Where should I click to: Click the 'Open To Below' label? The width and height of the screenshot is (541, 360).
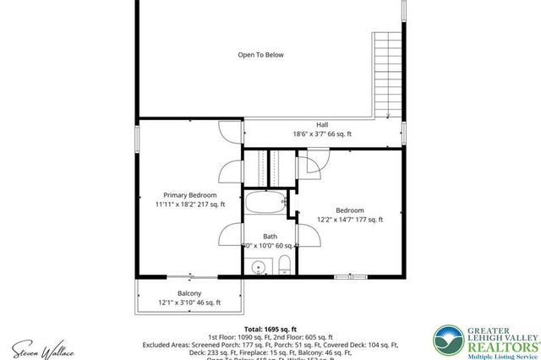pyautogui.click(x=260, y=56)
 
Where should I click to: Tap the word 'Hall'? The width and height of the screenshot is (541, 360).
pyautogui.click(x=323, y=123)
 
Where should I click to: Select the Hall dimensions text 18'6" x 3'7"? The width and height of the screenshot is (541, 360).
pyautogui.click(x=308, y=134)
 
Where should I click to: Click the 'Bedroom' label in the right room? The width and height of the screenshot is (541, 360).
pyautogui.click(x=349, y=210)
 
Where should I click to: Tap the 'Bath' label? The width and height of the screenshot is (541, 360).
pyautogui.click(x=270, y=236)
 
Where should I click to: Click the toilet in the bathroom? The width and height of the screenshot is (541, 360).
pyautogui.click(x=284, y=264)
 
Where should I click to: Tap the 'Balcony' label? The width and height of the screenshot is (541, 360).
pyautogui.click(x=189, y=292)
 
